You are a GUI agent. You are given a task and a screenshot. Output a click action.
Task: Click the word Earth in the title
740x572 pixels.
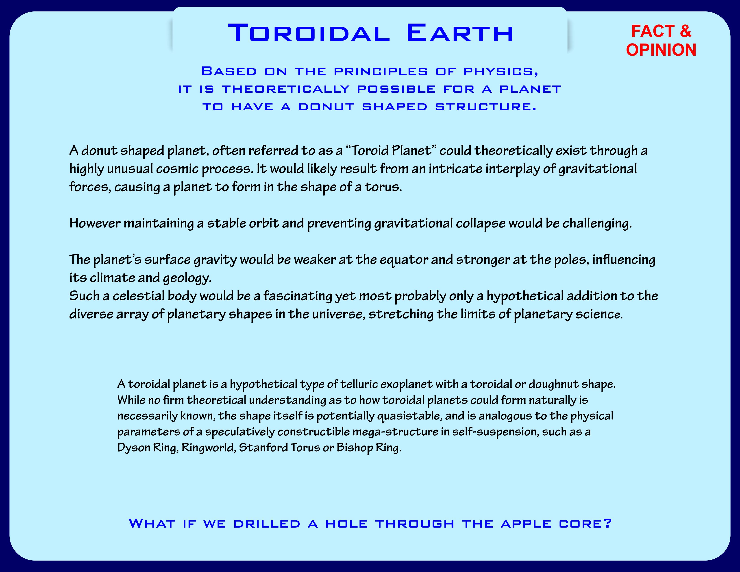(460, 33)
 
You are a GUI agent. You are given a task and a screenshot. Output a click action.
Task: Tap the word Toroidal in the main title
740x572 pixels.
(309, 33)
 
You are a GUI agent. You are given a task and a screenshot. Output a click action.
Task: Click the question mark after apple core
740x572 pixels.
(607, 523)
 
